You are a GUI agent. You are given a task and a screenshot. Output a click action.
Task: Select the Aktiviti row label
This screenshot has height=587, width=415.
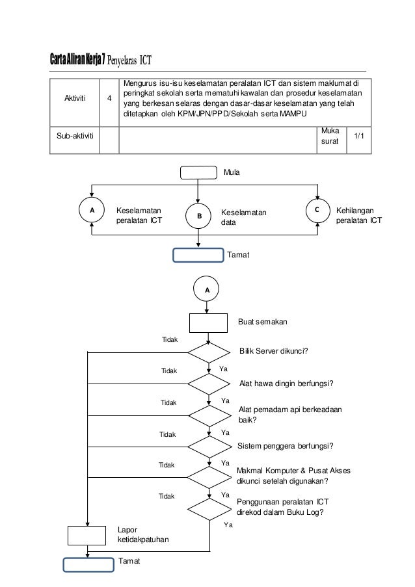coord(75,98)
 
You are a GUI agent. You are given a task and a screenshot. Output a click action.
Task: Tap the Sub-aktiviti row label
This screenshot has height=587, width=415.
coord(75,136)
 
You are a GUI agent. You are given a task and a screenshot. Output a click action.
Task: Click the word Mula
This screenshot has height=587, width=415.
coord(232,172)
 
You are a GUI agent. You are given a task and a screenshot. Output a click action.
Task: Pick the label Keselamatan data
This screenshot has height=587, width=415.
coord(243,217)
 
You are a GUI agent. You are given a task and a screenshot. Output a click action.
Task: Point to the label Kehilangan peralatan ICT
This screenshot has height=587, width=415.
coord(359,215)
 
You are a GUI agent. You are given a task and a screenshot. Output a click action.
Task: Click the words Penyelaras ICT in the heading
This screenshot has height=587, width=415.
coord(129,60)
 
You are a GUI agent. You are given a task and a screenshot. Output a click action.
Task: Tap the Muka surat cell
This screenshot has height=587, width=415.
coord(330,136)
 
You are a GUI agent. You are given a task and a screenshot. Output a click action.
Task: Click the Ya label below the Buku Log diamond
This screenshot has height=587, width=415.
coord(228,525)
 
